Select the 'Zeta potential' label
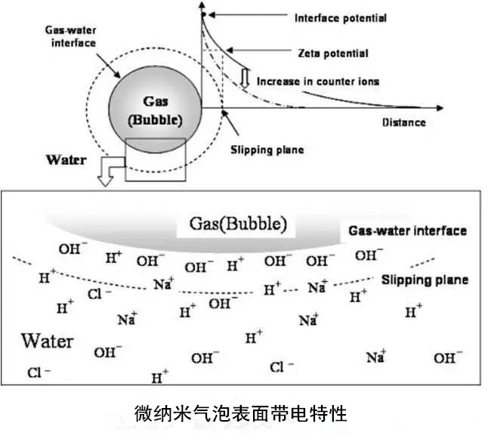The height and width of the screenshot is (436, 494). coord(333,54)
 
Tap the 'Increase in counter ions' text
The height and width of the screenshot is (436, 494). coord(316,81)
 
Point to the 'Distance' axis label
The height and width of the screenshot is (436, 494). coord(403,122)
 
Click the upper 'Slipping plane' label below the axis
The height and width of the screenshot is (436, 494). coord(266,150)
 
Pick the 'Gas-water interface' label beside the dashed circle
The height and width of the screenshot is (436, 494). coord(69,37)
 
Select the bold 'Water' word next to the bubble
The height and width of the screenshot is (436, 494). coord(67,159)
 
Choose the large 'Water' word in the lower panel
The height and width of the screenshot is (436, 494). coord(47,340)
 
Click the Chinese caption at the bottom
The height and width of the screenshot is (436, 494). coord(239,413)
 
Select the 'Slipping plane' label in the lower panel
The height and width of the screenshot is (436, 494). coord(424,280)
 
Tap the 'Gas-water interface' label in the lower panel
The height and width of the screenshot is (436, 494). coord(407,231)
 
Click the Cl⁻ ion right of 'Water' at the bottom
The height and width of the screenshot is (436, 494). coord(277,368)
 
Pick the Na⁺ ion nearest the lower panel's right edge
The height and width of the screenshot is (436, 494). coord(376,357)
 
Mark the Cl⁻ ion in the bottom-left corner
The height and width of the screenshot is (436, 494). coord(39,372)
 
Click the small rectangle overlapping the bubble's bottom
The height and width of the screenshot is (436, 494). coord(155,159)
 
